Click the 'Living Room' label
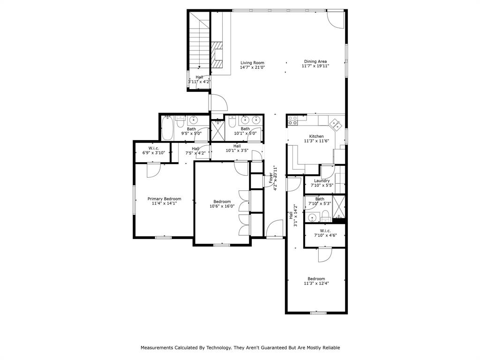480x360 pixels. click(x=253, y=63)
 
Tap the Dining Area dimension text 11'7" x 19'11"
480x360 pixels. click(x=315, y=66)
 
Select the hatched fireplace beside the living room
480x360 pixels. click(x=217, y=54)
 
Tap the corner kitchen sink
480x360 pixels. click(x=336, y=124)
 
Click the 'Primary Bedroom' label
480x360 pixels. click(x=164, y=199)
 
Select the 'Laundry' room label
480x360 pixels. click(x=322, y=180)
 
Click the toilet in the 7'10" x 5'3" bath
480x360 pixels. click(x=325, y=216)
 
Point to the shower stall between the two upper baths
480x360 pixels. click(x=217, y=130)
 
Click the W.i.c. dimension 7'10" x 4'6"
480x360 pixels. click(x=325, y=235)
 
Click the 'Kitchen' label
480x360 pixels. click(x=316, y=136)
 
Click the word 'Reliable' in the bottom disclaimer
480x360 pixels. click(x=330, y=348)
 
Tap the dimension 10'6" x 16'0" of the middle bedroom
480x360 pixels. click(x=222, y=206)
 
